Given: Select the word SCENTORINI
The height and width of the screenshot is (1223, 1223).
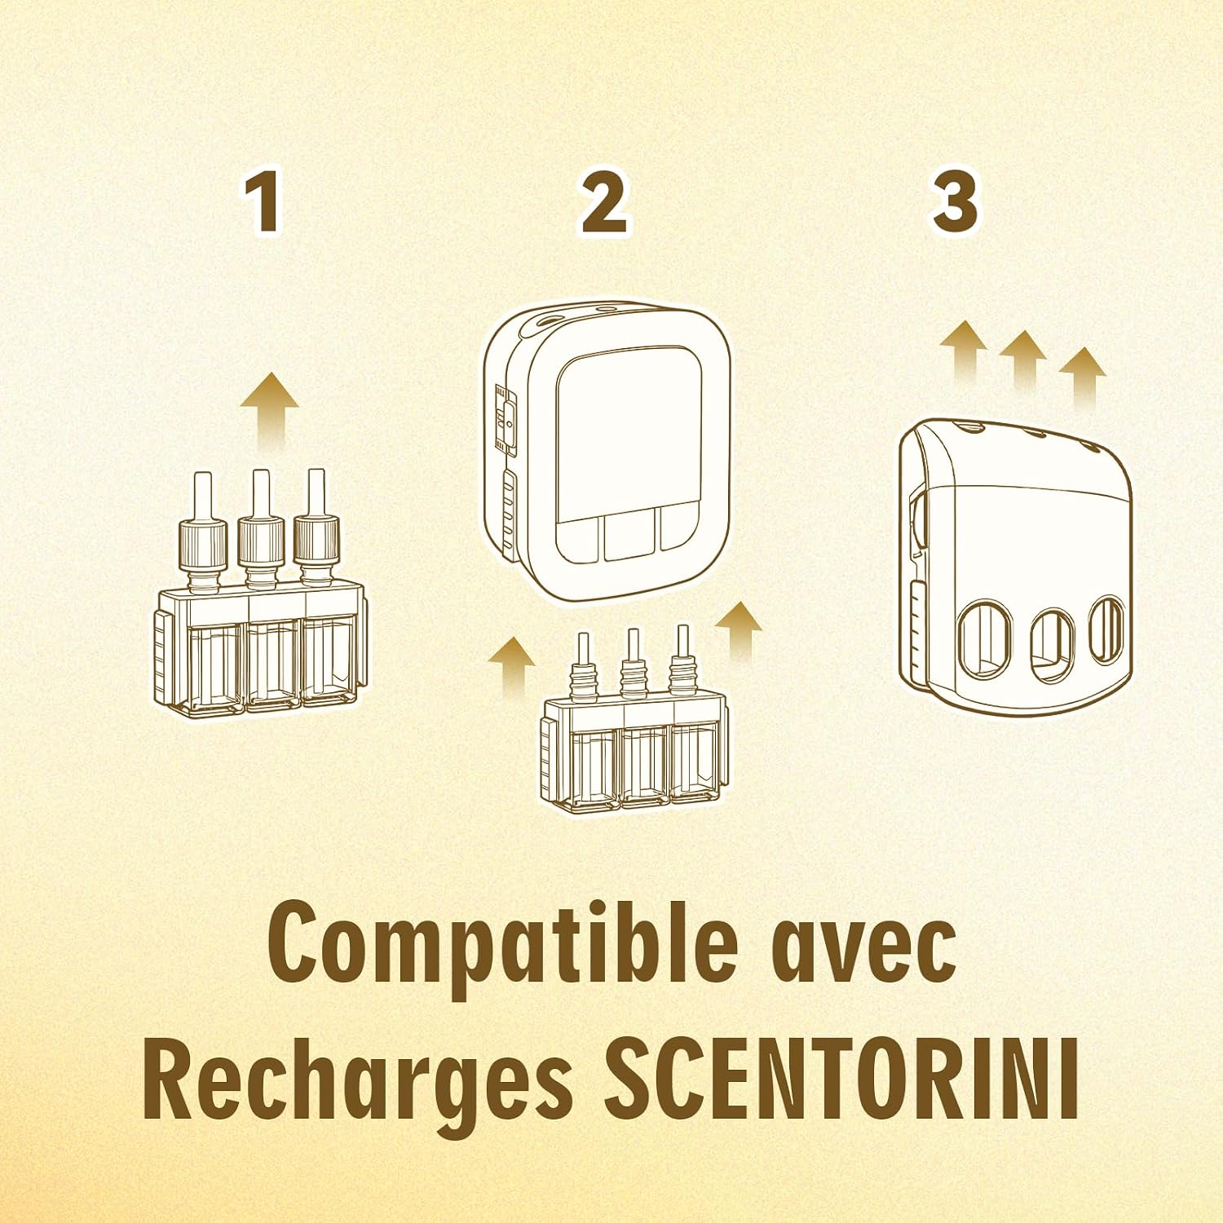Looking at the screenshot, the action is click(842, 1078).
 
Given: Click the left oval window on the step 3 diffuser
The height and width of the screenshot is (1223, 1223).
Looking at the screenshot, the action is click(984, 640).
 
